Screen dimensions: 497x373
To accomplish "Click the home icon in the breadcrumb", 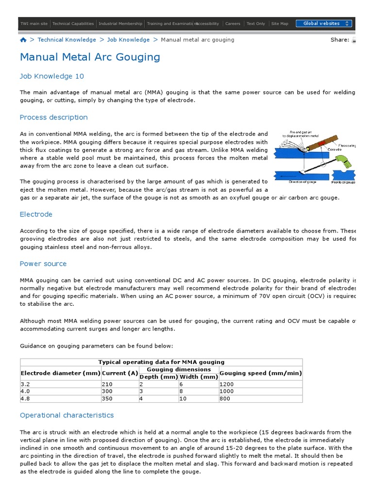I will [23, 40].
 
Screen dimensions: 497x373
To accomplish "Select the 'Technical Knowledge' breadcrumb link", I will [67, 40].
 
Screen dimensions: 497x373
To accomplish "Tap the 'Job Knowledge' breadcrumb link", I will [128, 40].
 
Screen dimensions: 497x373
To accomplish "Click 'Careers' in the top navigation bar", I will [233, 23].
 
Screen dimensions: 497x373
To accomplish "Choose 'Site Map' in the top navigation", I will [279, 23].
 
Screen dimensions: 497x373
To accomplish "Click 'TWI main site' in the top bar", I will [34, 23].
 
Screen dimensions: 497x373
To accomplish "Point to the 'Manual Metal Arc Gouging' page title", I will [90, 57].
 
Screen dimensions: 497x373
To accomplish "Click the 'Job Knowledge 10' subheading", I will [52, 76].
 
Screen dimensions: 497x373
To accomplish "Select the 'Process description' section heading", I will [54, 117].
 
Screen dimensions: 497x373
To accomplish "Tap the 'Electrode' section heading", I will [36, 214].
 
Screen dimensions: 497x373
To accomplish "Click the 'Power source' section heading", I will [43, 264].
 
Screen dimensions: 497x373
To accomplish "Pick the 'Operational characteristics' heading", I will [67, 415].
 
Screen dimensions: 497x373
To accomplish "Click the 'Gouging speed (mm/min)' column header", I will [260, 373].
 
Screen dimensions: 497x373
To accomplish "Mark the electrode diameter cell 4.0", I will [25, 391].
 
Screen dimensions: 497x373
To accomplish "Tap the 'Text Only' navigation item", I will [256, 23].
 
